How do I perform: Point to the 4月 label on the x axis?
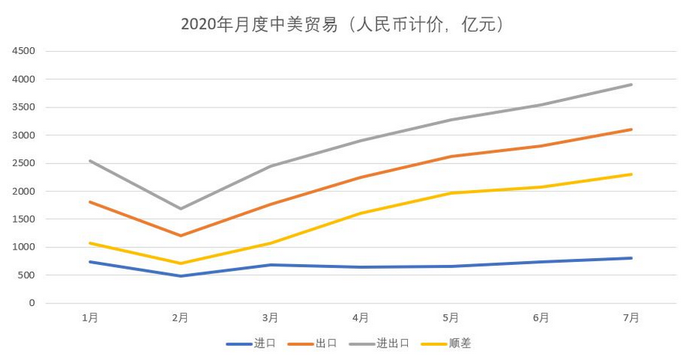[x=360, y=318]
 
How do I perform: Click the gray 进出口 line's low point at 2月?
[x=180, y=209]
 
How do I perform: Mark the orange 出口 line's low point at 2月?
[x=180, y=236]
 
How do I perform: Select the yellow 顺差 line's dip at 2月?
[x=180, y=263]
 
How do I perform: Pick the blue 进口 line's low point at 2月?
[x=180, y=276]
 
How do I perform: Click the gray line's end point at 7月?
[x=631, y=84]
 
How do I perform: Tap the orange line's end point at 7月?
[x=631, y=129]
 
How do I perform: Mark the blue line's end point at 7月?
[x=631, y=258]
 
